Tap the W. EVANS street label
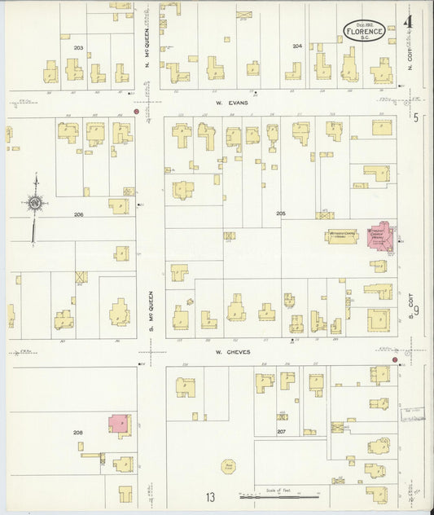point(226,103)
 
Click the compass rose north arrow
point(35,204)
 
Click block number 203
point(78,48)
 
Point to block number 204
point(297,46)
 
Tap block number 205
point(281,213)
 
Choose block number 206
point(78,214)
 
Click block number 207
point(282,429)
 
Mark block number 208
point(78,432)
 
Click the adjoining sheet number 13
point(210,497)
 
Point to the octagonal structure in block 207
point(228,466)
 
